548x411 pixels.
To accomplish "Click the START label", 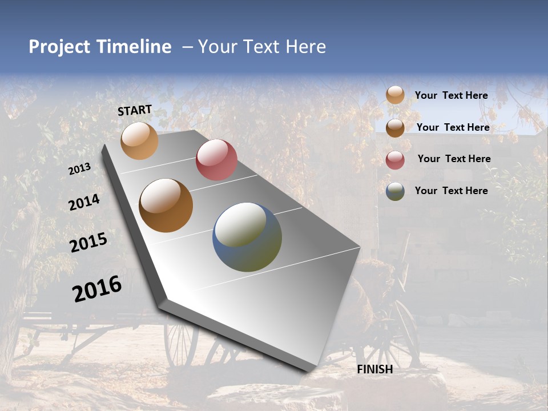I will [135, 110].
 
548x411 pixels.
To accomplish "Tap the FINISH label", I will [374, 369].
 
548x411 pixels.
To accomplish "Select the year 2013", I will [79, 169].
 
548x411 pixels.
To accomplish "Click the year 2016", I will [97, 289].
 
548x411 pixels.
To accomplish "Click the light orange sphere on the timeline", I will [139, 140].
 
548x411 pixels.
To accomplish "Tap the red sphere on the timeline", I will [216, 160].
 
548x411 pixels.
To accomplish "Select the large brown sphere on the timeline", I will [166, 205].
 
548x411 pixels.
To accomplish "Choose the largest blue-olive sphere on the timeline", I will [247, 237].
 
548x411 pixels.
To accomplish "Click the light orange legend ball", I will [395, 95].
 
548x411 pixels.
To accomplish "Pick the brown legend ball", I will [395, 128].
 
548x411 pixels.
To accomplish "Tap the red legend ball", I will [395, 160].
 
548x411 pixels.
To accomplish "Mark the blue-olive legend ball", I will [395, 191].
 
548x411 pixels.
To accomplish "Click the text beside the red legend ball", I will [454, 159].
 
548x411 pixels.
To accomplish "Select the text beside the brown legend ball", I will [453, 127].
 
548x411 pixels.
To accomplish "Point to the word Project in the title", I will [59, 47].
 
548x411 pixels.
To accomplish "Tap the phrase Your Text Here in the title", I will [262, 47].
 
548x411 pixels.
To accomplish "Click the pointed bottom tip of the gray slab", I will [308, 370].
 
